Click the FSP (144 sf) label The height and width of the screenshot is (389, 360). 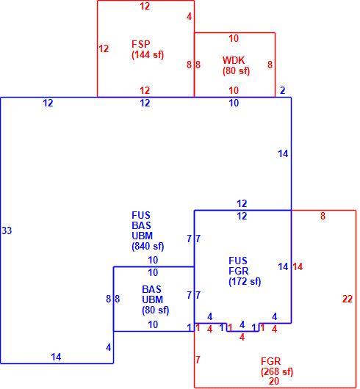tap(148, 49)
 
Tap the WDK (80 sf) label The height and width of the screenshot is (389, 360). tap(236, 65)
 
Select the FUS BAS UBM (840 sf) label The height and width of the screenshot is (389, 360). tap(148, 230)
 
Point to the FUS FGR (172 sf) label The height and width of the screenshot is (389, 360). tap(245, 271)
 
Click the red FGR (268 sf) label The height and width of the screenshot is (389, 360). tap(277, 366)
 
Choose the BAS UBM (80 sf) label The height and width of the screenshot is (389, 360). tap(156, 299)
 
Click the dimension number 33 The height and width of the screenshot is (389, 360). tap(7, 230)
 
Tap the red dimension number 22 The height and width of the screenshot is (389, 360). tap(348, 299)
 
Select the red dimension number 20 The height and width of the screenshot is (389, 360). tap(274, 381)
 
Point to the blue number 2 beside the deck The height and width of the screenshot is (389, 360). tap(283, 90)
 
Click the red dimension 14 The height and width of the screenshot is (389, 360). tap(298, 266)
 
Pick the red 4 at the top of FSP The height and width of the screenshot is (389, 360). tap(190, 17)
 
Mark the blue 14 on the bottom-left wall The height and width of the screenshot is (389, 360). tap(56, 357)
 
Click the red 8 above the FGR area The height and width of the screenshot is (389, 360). tap(323, 216)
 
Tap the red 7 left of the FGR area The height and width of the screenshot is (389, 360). tap(198, 360)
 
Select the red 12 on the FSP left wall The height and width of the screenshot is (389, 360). tap(104, 48)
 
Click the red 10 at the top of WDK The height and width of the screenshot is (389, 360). tap(234, 38)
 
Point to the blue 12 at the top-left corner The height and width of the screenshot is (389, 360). tap(48, 103)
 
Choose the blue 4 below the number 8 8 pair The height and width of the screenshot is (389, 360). tap(109, 348)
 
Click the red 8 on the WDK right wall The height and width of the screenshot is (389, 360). tap(270, 65)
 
